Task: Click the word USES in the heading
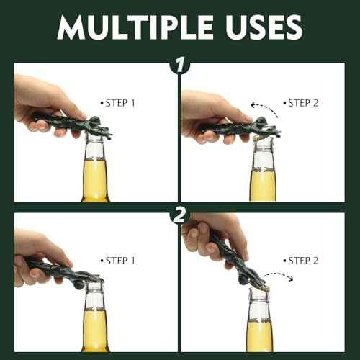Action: pos(261,27)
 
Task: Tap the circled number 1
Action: pos(179,66)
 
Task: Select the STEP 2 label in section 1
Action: pos(302,103)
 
